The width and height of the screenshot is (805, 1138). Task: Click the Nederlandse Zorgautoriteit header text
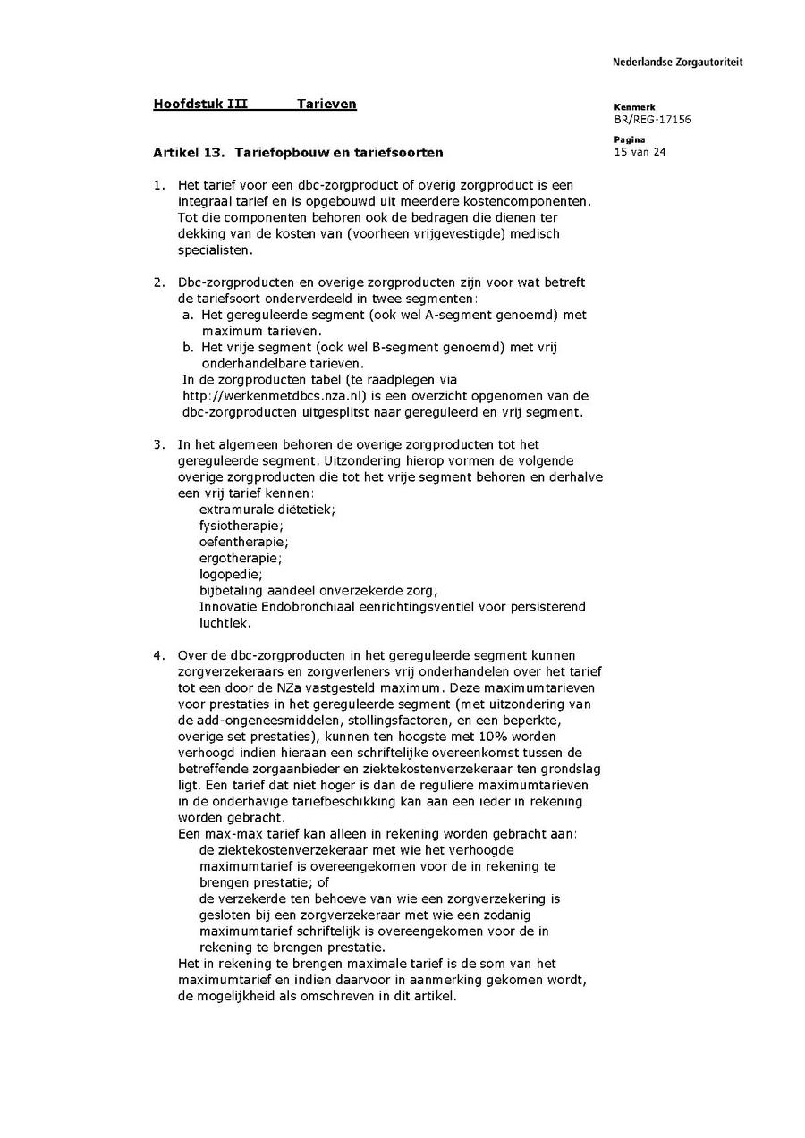[x=677, y=63]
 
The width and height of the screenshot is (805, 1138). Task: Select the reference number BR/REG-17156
[x=652, y=119]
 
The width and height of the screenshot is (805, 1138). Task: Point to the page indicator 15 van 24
[x=640, y=151]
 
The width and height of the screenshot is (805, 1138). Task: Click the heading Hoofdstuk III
[x=200, y=104]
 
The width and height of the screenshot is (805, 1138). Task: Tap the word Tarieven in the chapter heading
[x=326, y=104]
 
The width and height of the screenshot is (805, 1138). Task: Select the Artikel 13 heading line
[x=297, y=153]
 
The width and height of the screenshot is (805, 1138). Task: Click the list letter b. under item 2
[x=188, y=347]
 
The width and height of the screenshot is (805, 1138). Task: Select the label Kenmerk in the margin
[x=634, y=107]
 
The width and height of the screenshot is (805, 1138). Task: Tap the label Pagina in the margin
[x=630, y=139]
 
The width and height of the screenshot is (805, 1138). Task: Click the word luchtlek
[x=225, y=623]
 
